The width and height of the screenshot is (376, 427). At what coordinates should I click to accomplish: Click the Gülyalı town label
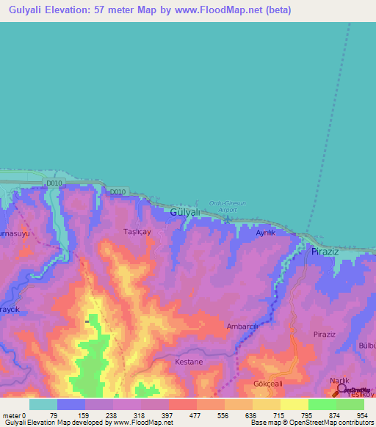[184, 212]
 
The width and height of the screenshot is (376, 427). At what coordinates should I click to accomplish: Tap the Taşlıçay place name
[137, 231]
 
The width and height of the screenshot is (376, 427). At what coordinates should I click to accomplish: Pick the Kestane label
[189, 362]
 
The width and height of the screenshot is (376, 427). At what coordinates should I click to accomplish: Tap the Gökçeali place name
[267, 383]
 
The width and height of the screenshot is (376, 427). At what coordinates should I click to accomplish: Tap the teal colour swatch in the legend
[43, 404]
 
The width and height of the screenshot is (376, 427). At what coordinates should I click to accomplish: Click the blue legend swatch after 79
[71, 404]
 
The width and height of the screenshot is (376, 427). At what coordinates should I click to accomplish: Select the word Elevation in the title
[83, 10]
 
